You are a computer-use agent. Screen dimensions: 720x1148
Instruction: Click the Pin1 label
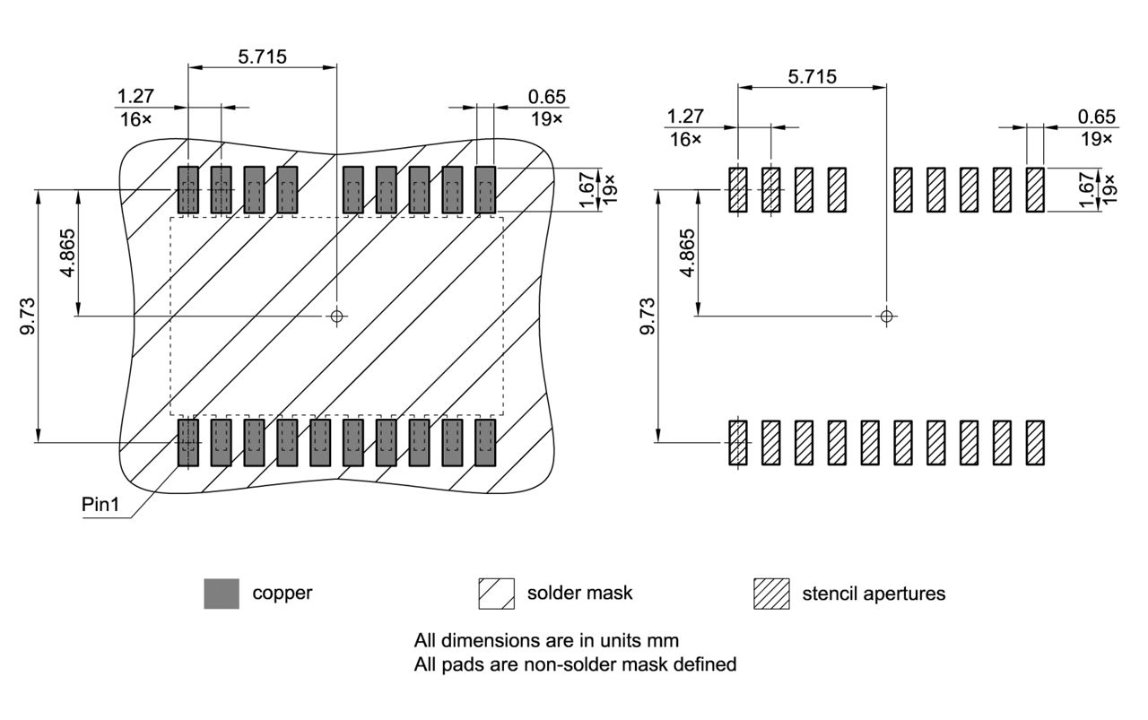click(100, 504)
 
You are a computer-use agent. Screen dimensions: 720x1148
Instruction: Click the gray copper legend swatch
click(222, 594)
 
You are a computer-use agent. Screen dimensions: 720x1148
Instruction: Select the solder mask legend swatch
click(496, 594)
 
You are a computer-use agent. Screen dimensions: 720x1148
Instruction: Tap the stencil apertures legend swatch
click(771, 594)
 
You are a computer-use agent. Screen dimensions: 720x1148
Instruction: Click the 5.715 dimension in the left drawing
click(262, 56)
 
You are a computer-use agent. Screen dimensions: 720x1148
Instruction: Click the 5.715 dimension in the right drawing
click(812, 76)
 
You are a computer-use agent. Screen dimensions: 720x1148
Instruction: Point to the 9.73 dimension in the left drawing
click(29, 316)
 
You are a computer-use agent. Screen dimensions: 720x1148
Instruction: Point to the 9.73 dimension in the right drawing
click(648, 316)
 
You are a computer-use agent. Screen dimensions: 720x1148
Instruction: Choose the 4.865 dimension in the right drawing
click(687, 253)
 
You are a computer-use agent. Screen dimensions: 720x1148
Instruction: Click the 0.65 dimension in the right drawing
click(1097, 117)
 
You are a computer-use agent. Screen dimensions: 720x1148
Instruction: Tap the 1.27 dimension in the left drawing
click(134, 96)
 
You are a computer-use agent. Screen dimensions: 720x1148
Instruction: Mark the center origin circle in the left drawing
click(336, 316)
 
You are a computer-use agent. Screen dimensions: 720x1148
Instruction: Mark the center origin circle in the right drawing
click(886, 316)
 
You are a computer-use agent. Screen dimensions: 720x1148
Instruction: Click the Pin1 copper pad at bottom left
click(187, 442)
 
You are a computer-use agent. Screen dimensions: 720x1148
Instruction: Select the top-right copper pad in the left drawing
click(485, 189)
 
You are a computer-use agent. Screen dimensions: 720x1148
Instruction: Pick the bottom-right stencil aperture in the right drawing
click(1035, 442)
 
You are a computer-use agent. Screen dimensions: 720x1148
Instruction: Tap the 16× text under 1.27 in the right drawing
click(683, 138)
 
